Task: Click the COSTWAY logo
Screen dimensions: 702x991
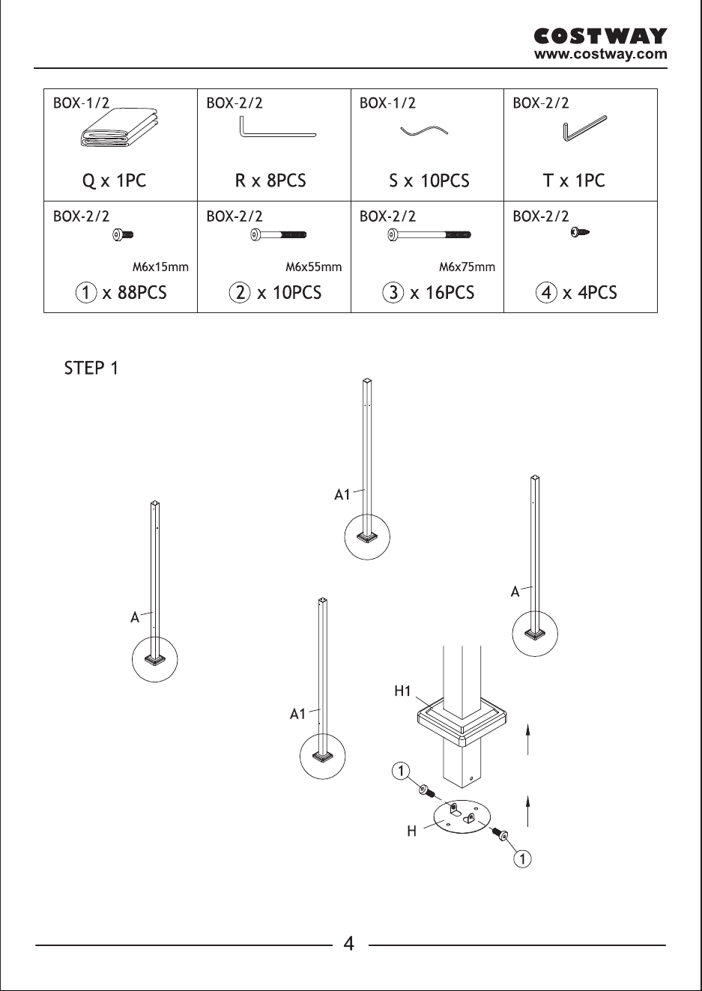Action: point(600,36)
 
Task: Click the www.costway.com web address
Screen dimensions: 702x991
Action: point(600,54)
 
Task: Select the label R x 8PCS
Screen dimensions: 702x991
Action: point(270,181)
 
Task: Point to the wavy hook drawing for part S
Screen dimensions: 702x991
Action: point(424,130)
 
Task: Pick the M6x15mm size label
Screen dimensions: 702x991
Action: point(160,267)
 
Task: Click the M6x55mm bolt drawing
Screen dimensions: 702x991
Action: point(279,234)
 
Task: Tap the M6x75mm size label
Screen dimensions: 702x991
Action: point(467,267)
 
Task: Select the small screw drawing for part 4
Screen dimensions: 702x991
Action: point(580,231)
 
